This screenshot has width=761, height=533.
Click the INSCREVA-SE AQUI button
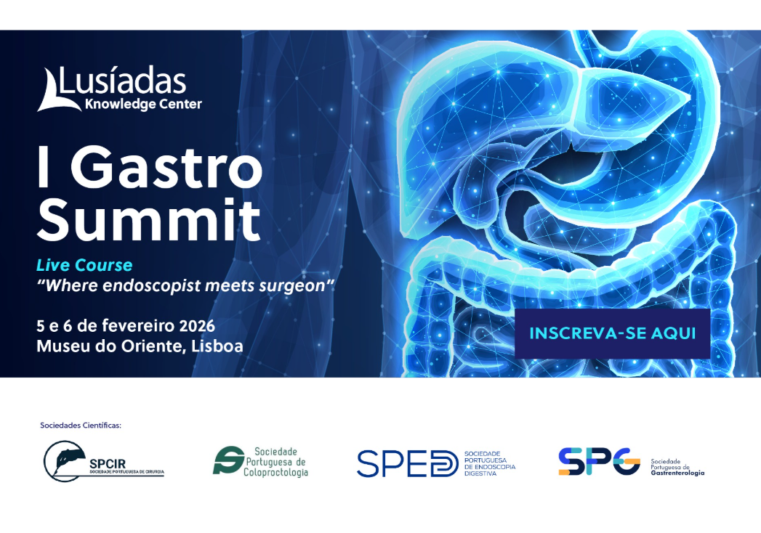612,333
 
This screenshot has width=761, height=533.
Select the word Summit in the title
149,219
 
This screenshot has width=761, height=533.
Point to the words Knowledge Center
143,105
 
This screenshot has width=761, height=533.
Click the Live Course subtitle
84,266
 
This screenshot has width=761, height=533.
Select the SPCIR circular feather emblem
63,462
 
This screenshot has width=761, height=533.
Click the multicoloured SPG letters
599,462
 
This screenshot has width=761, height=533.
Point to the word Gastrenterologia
677,473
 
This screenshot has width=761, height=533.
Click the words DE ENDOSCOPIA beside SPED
489,467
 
